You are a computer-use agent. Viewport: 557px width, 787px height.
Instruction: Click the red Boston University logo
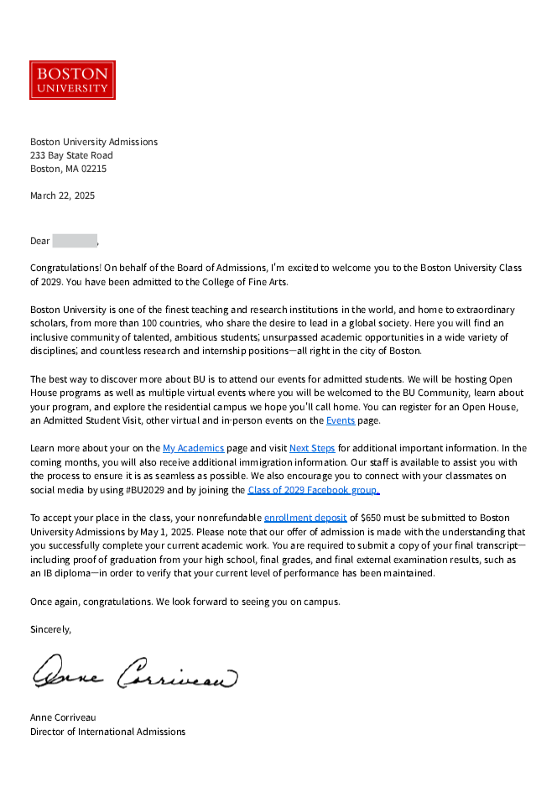pyautogui.click(x=72, y=80)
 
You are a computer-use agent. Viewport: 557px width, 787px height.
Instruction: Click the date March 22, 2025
pyautogui.click(x=62, y=195)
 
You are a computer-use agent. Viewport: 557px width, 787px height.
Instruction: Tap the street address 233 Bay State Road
pyautogui.click(x=71, y=155)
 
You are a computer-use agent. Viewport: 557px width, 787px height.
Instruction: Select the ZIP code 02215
pyautogui.click(x=92, y=169)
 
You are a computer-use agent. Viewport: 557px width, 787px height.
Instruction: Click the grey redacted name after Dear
pyautogui.click(x=75, y=241)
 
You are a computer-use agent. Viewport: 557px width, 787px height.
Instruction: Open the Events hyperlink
pyautogui.click(x=340, y=420)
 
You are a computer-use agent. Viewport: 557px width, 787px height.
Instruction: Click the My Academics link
pyautogui.click(x=193, y=448)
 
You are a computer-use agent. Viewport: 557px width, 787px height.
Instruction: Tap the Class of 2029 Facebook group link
pyautogui.click(x=314, y=490)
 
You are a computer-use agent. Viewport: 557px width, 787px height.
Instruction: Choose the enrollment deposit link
pyautogui.click(x=305, y=518)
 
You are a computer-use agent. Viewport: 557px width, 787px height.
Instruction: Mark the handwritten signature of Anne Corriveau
pyautogui.click(x=134, y=672)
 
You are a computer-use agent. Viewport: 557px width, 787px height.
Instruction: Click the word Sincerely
pyautogui.click(x=50, y=628)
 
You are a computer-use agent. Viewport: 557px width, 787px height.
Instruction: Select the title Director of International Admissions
pyautogui.click(x=107, y=732)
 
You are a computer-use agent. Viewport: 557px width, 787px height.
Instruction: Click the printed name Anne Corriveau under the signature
pyautogui.click(x=63, y=718)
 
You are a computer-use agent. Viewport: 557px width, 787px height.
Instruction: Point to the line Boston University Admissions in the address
pyautogui.click(x=94, y=142)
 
